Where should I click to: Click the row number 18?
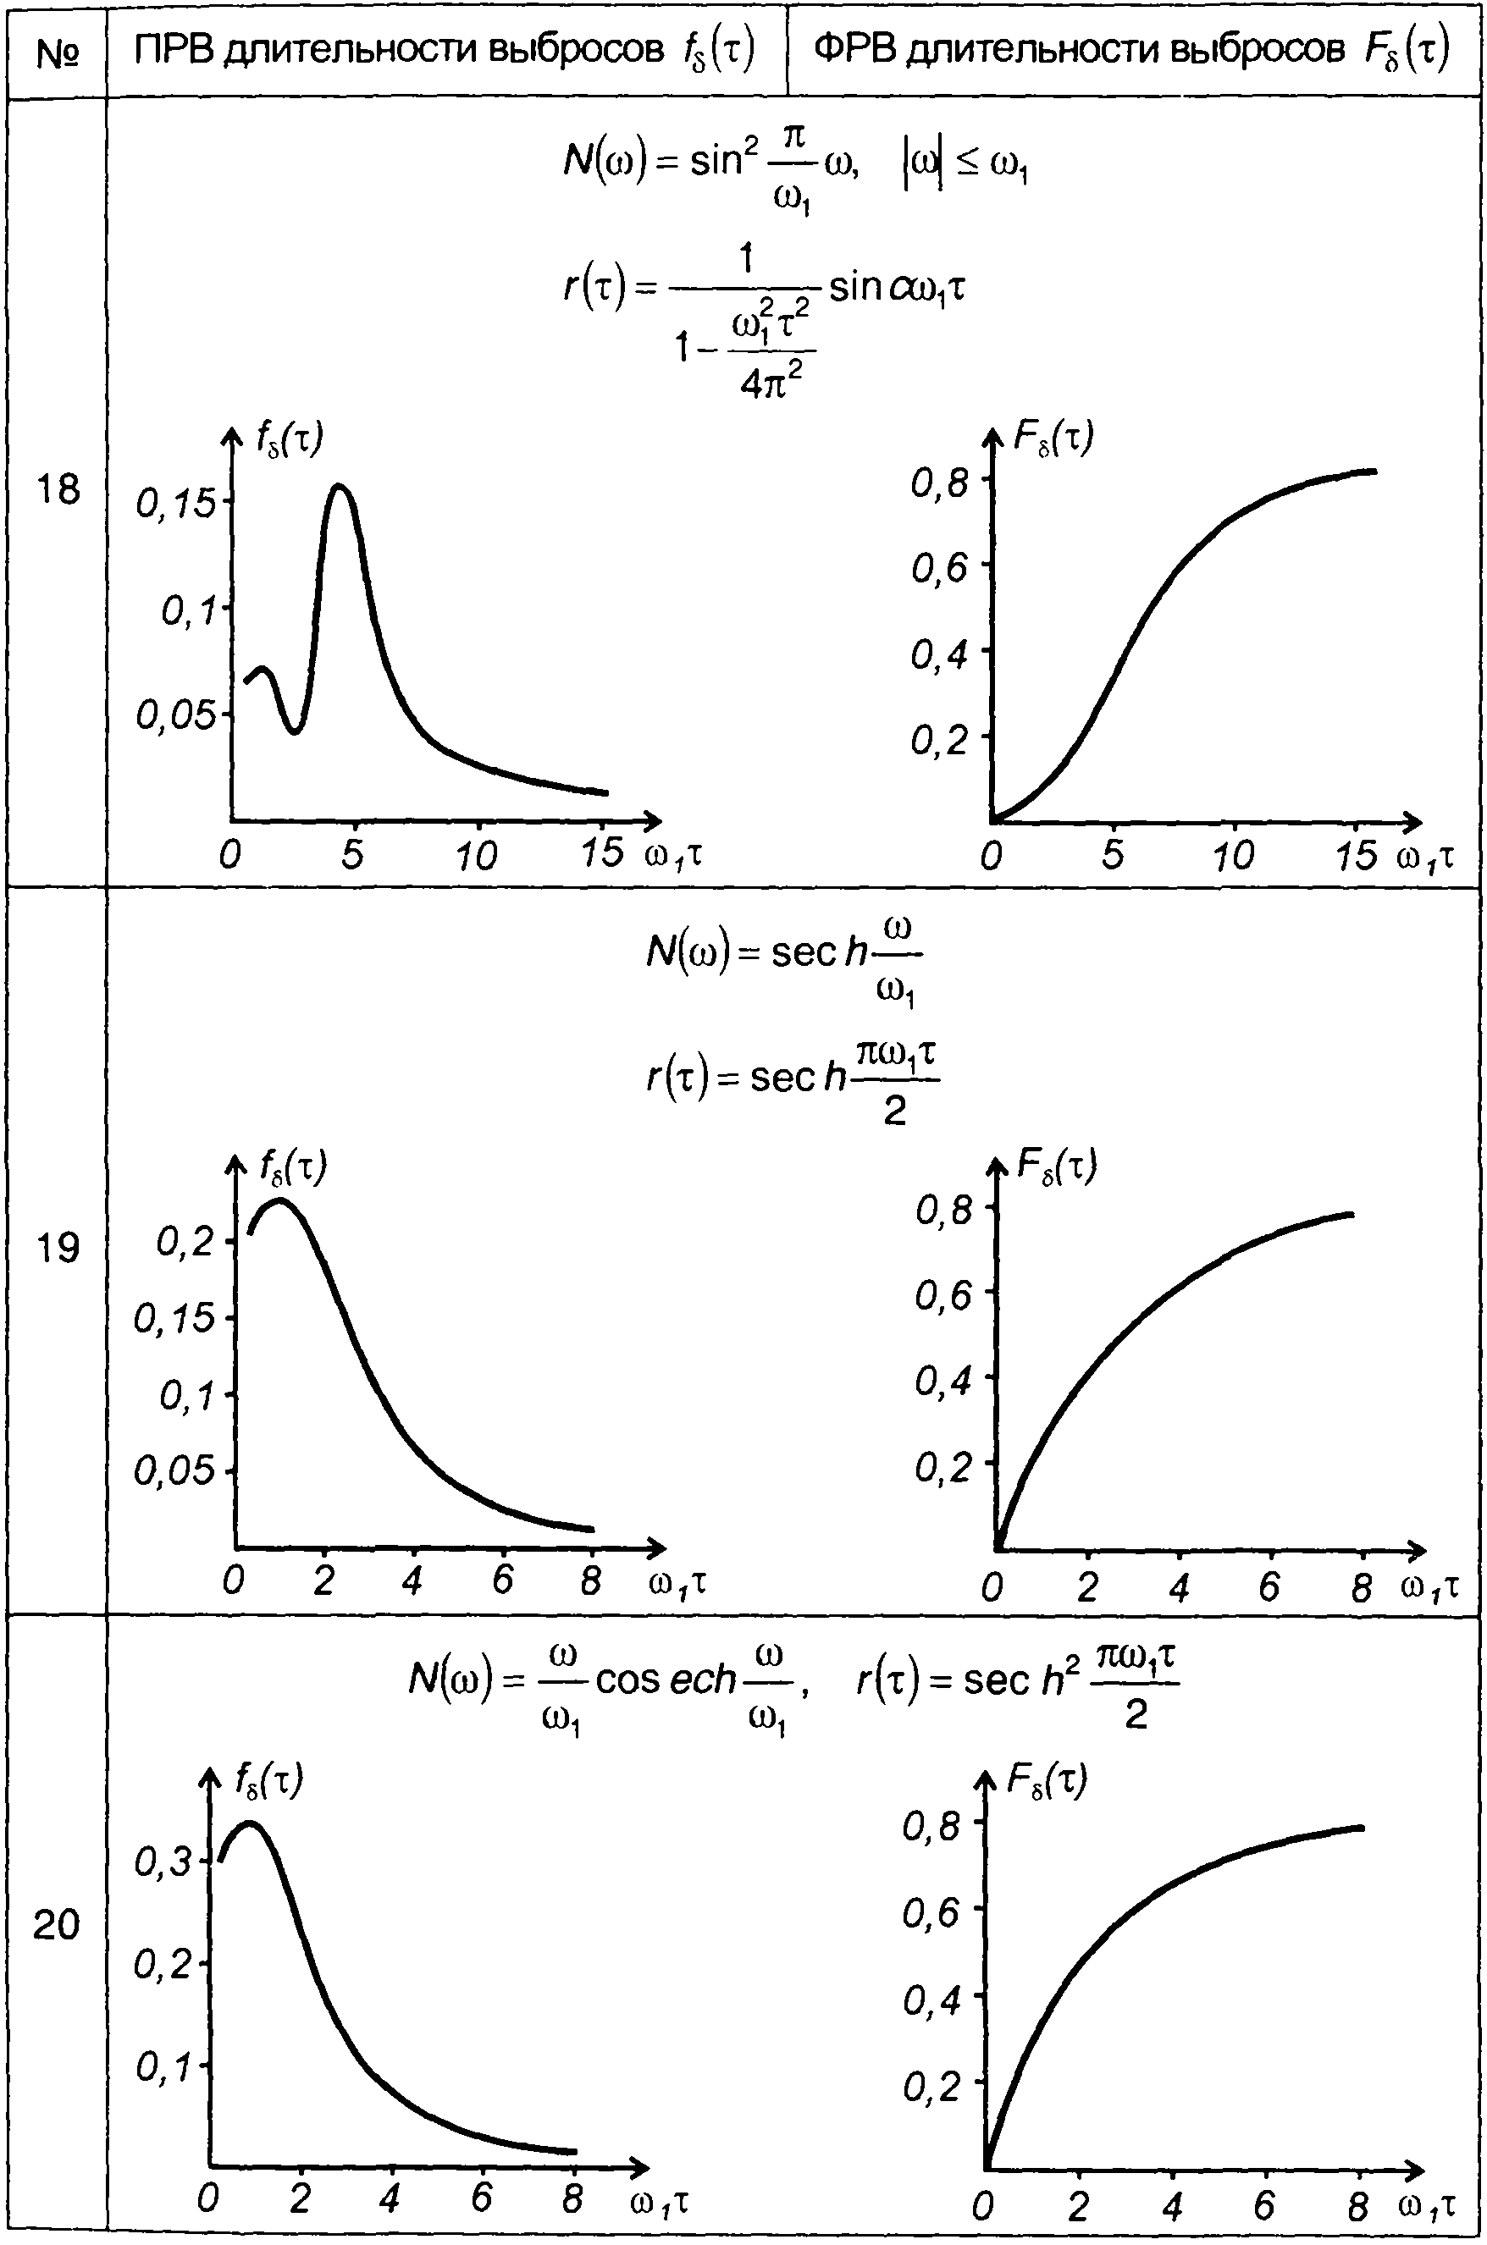57,490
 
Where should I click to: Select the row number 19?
57,1248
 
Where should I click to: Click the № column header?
56,53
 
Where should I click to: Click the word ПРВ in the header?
175,50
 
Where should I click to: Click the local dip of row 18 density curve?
295,731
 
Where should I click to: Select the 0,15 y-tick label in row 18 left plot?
176,504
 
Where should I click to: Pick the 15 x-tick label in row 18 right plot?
1355,856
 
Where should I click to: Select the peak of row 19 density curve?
279,1201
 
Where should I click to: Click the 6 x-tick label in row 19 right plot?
1269,1586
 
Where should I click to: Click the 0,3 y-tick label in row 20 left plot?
163,1863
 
